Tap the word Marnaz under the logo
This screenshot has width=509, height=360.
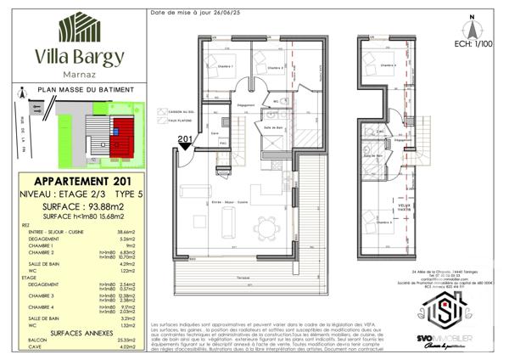click(80, 73)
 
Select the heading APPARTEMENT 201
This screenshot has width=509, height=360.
click(79, 182)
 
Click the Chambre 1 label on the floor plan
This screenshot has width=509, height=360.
click(225, 66)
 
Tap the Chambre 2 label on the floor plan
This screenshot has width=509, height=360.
click(273, 68)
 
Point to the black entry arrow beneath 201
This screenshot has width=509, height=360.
click(186, 149)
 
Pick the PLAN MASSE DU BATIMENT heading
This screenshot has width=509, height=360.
click(80, 87)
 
